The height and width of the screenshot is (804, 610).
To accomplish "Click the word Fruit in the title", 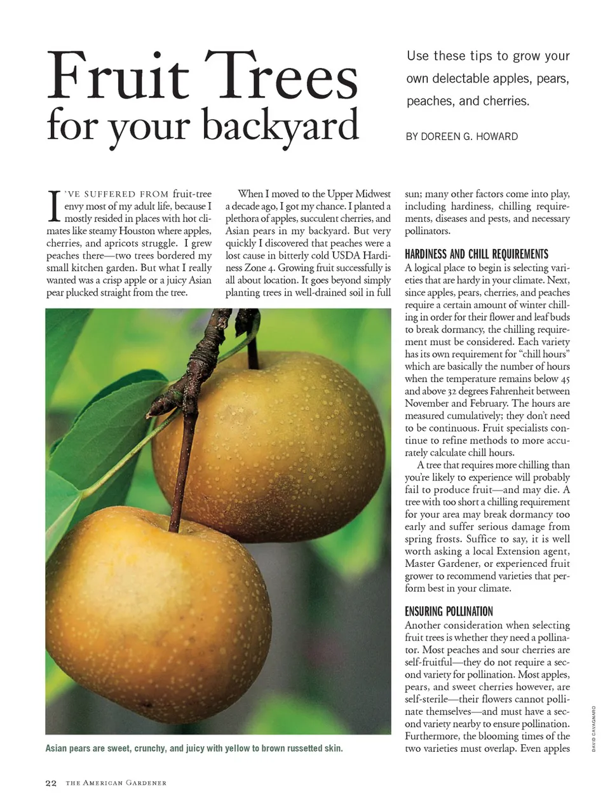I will (x=118, y=77).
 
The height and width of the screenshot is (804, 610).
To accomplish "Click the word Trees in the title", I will (x=281, y=77).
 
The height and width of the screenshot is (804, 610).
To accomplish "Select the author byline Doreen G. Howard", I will (x=461, y=137).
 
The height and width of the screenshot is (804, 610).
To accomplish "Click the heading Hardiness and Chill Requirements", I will (x=476, y=254).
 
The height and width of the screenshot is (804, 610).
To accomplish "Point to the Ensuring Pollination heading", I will (x=449, y=611).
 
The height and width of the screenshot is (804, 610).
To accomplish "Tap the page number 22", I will (x=51, y=783).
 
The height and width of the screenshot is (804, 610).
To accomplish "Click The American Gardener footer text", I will (x=116, y=783).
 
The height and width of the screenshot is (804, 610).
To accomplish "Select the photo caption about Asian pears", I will (x=194, y=749).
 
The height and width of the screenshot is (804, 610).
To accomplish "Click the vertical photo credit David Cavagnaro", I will (x=593, y=728).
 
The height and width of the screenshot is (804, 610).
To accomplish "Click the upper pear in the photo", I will (x=273, y=439).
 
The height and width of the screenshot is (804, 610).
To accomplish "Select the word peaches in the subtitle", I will (x=428, y=101).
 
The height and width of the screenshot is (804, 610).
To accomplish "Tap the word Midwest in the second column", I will (x=373, y=194).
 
